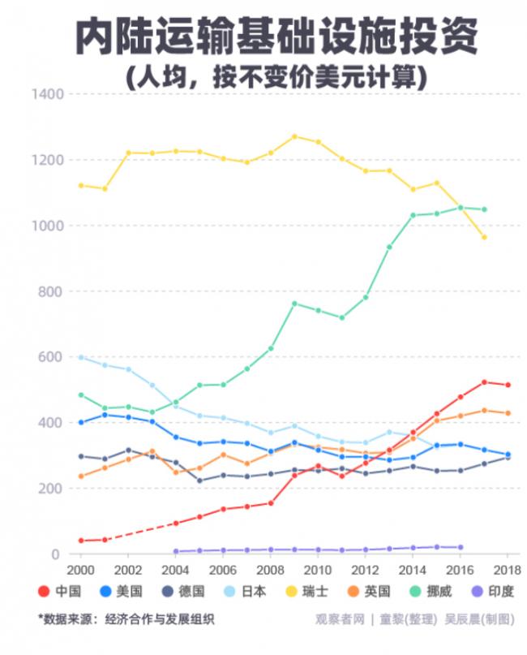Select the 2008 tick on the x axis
coord(271,569)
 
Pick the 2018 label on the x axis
coord(508,569)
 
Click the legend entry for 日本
coord(246,592)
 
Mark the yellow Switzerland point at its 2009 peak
coord(294,136)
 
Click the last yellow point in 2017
coord(484,237)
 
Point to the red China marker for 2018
coord(508,385)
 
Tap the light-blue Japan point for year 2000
coord(81,357)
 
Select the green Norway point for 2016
coord(461,207)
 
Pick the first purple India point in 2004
coord(176,551)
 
